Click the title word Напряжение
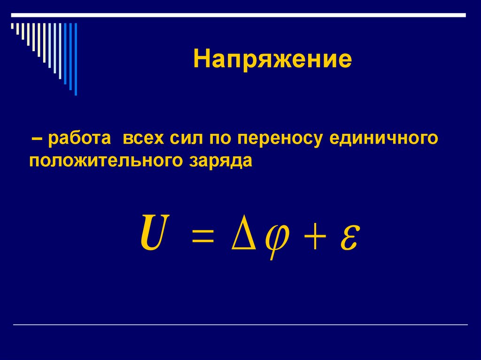(x=272, y=61)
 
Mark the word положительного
(x=105, y=161)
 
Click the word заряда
(x=221, y=161)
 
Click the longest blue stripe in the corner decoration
(x=76, y=59)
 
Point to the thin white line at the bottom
(x=240, y=325)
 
